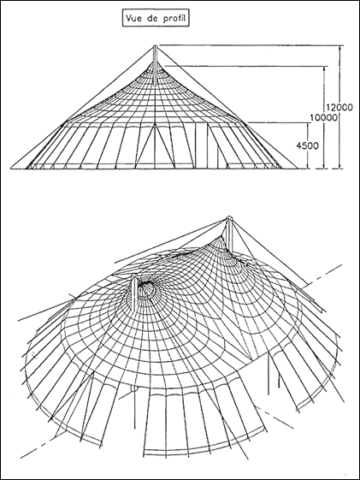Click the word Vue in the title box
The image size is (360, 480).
tap(133, 18)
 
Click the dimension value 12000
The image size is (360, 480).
tap(339, 107)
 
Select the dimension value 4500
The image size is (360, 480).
tap(307, 145)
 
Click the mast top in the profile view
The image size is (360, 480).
tap(155, 46)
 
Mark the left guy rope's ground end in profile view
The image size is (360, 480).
tap(11, 168)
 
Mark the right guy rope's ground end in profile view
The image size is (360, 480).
tap(298, 168)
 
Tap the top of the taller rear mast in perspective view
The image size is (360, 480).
tap(228, 218)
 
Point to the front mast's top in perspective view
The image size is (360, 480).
tap(133, 277)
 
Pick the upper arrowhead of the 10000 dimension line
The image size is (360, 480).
tap(324, 68)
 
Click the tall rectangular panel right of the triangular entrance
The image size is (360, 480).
tap(202, 146)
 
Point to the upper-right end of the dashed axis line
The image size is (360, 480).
tap(343, 264)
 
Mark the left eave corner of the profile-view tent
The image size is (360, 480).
tap(62, 124)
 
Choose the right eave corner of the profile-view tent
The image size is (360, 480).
tap(246, 123)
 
